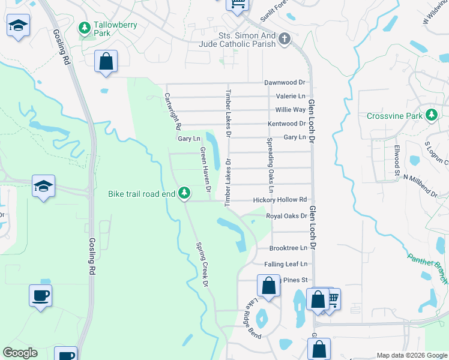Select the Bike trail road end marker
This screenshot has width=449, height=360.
click(x=185, y=193)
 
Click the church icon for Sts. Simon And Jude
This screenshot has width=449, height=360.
click(x=284, y=39)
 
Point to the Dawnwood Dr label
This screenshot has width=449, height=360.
click(x=285, y=82)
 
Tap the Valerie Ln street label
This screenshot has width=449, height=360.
click(x=291, y=96)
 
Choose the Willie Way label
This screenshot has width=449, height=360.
click(x=291, y=110)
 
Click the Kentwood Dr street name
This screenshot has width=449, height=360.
click(x=287, y=124)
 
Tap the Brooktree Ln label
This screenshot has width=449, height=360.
click(x=288, y=248)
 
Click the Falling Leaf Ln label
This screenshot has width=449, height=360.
click(x=285, y=263)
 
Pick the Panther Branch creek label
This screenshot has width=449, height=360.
click(x=428, y=266)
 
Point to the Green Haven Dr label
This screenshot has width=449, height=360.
click(x=205, y=170)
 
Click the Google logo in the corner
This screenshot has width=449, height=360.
click(x=20, y=353)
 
